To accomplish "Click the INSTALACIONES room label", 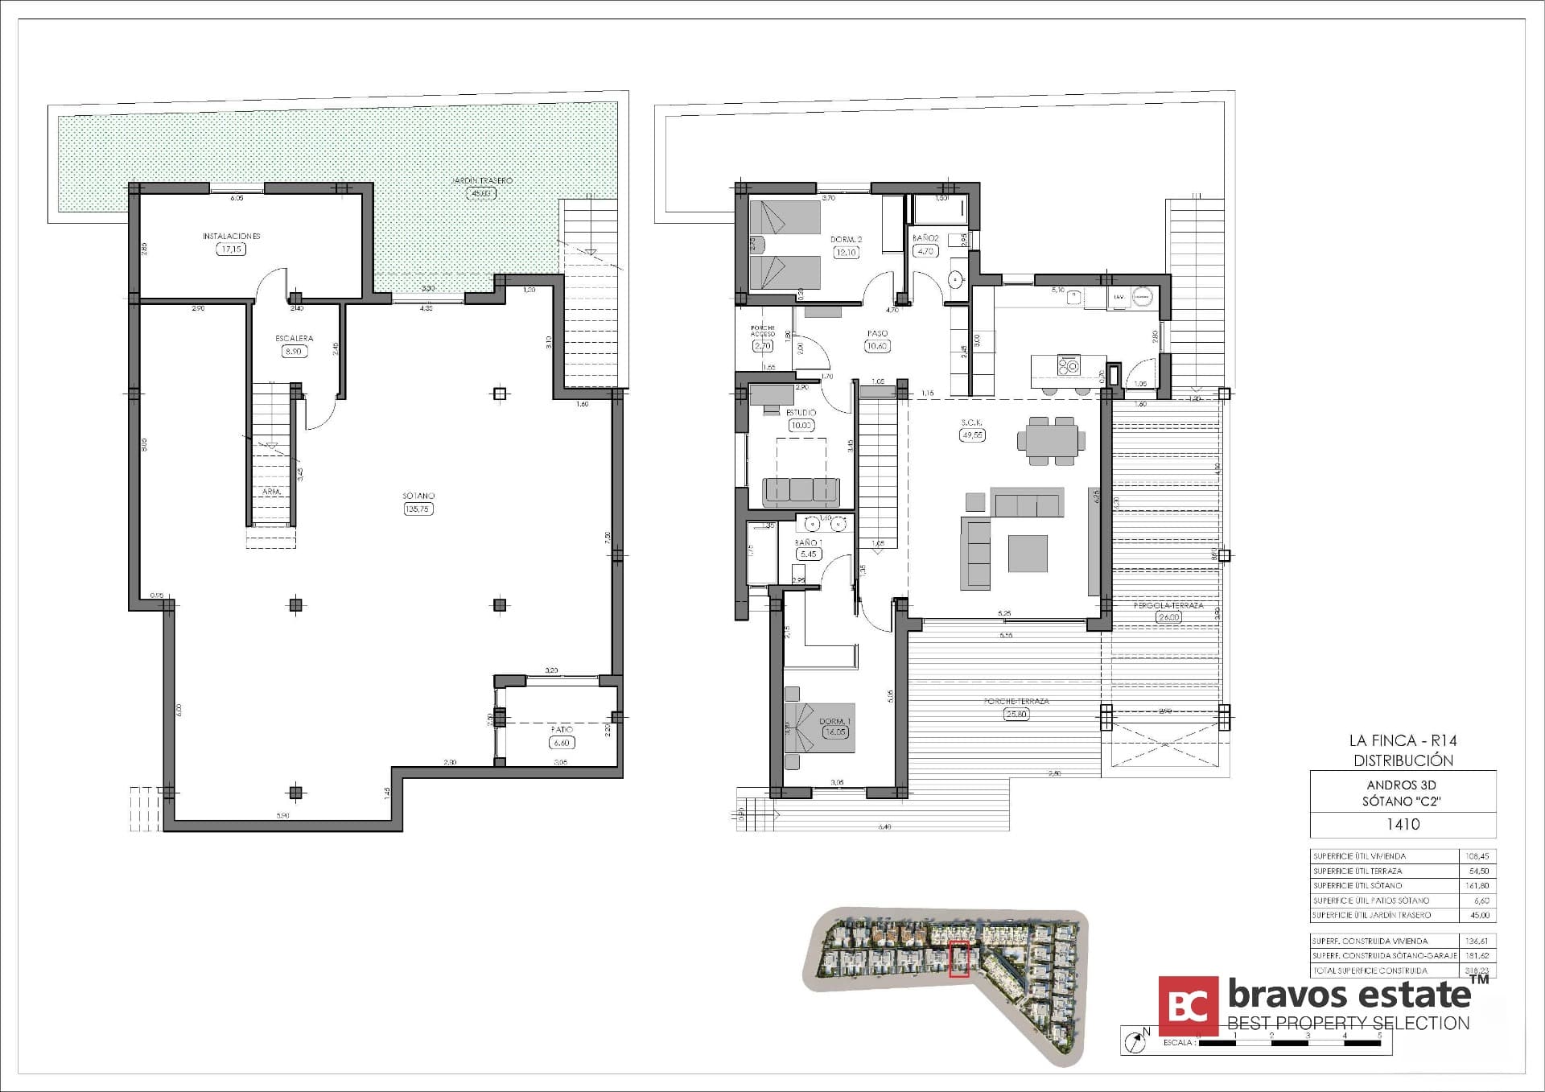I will pos(231,237).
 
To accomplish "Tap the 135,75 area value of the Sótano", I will pos(418,509).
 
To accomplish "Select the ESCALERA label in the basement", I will pos(294,339).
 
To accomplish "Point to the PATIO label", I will pos(562,730).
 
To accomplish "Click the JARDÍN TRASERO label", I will pos(482,181).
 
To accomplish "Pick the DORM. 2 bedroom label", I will pos(847,240).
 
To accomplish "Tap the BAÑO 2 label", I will pos(925,238).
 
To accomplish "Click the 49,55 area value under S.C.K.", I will pos(972,435).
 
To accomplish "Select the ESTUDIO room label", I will pos(801,413).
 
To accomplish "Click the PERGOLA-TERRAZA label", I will pos(1168,605).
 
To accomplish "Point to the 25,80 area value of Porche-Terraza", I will pos(1016,714).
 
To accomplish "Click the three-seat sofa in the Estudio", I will pos(801,490).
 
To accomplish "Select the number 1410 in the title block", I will pos(1403,824).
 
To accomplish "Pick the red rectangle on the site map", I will pos(958,959).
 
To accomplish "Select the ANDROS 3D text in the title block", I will pos(1402,785).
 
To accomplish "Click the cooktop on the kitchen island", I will pos(1069,366).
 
